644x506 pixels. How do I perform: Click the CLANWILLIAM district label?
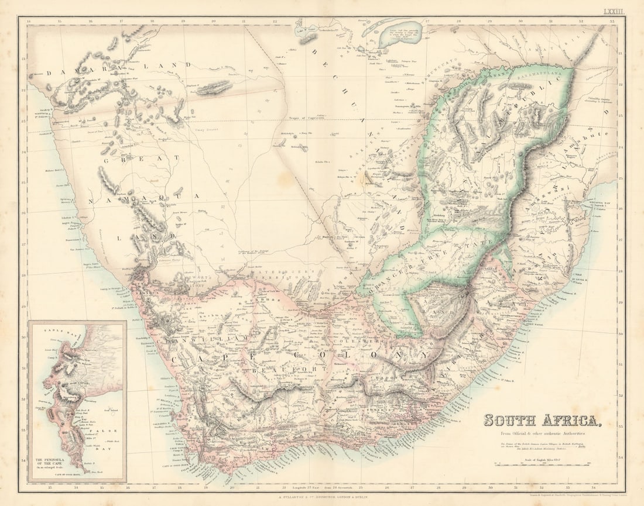click(x=208, y=339)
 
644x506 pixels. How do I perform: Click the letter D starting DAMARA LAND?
click(x=50, y=73)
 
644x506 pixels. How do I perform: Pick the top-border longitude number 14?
click(x=29, y=21)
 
